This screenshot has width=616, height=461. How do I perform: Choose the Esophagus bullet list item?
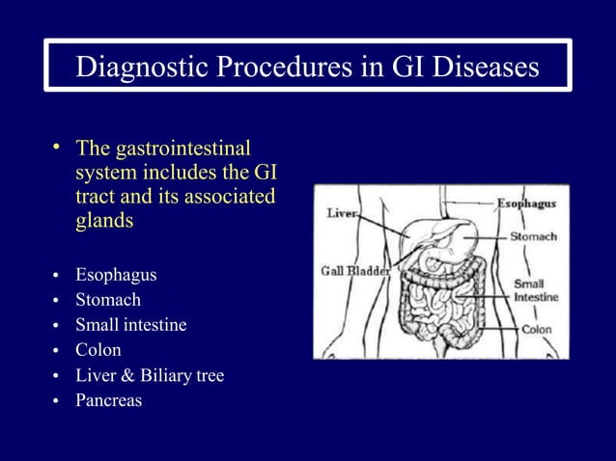(x=116, y=276)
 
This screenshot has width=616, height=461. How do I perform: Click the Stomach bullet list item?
(x=108, y=301)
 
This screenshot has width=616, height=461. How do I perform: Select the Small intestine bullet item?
(x=131, y=326)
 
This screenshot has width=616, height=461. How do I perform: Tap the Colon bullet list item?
(x=98, y=351)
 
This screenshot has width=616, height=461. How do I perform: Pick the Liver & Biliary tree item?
(x=150, y=376)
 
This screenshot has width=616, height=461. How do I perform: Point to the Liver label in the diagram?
(x=342, y=212)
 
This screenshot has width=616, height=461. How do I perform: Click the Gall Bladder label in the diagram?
(x=355, y=271)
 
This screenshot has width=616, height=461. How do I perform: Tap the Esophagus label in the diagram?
(x=525, y=204)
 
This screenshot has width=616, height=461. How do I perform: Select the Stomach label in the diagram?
(x=532, y=237)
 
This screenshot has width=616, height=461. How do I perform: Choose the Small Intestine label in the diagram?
(x=535, y=291)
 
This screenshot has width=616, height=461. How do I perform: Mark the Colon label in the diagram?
(x=536, y=329)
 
